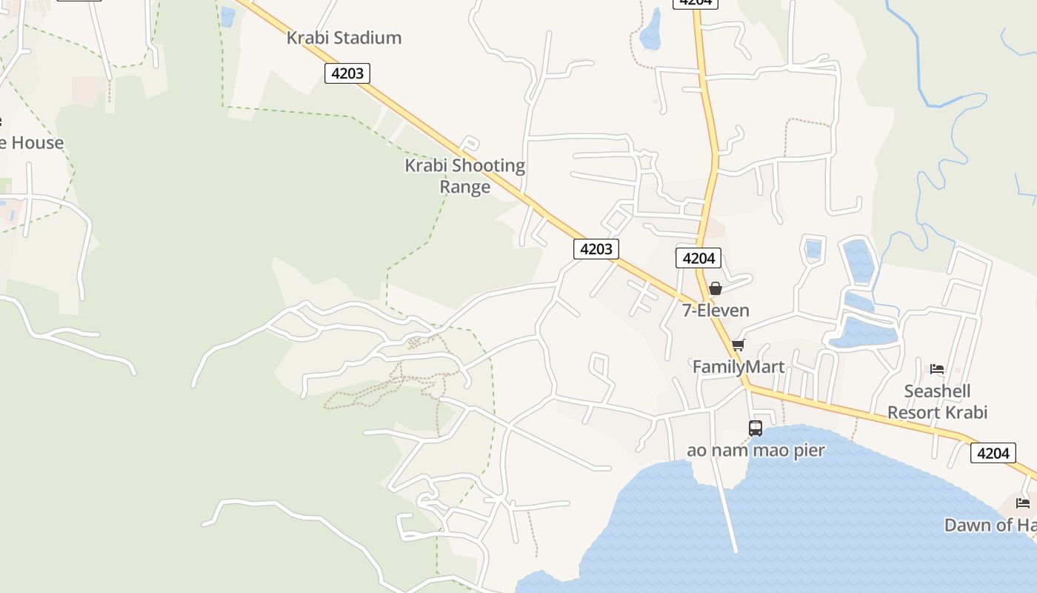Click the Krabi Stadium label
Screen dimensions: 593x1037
tap(344, 38)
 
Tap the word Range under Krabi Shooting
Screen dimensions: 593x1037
tap(464, 187)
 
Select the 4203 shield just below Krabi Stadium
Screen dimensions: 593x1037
tap(347, 73)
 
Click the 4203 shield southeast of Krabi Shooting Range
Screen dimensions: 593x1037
tap(596, 249)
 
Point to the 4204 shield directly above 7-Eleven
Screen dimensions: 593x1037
tap(698, 258)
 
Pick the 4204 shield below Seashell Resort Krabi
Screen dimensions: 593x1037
tap(993, 453)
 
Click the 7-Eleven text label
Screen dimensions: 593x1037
tap(716, 311)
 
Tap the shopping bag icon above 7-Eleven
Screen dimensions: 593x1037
tap(716, 288)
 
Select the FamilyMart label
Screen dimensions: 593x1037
tap(738, 367)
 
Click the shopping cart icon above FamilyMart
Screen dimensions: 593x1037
tap(738, 345)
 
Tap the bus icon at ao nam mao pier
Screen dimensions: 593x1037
tap(756, 428)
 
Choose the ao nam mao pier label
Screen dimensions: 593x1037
tap(756, 450)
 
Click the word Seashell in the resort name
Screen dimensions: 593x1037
tap(937, 391)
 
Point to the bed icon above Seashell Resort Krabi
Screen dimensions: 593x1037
tap(937, 368)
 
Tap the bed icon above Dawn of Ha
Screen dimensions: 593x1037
tap(1023, 503)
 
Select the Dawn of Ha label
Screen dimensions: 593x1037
tap(990, 526)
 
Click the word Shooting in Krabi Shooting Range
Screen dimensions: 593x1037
tap(488, 165)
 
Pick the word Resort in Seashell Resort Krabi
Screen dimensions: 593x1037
tap(917, 413)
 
